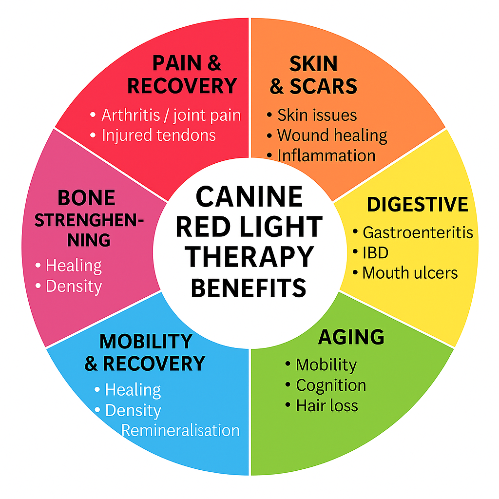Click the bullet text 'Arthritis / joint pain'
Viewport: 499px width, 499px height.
(171, 115)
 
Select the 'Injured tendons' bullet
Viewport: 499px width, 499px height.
(158, 135)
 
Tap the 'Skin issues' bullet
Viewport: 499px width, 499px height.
(317, 115)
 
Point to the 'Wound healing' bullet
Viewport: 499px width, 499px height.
(332, 135)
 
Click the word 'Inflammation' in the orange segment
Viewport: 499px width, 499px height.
(326, 155)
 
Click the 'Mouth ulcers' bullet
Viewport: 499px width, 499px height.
(410, 272)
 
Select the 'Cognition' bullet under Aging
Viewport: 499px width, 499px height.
(331, 385)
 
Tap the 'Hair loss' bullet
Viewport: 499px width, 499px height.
(326, 405)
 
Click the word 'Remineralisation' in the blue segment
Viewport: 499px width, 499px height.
(180, 430)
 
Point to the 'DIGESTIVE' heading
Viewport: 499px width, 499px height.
(417, 205)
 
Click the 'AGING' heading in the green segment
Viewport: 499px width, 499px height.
(351, 337)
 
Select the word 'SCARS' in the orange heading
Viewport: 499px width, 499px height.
(323, 87)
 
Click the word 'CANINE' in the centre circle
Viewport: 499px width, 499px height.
(249, 197)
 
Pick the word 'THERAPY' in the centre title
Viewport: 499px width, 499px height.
(249, 257)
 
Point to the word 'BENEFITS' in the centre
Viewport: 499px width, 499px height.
(249, 287)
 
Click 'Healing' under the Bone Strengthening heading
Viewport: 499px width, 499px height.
(74, 266)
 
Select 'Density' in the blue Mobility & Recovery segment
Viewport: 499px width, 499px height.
(133, 410)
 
